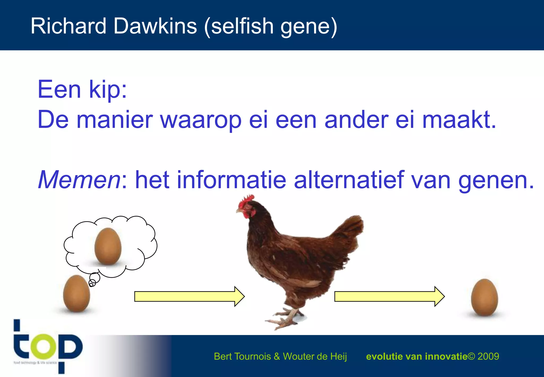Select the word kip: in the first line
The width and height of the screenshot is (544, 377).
pos(108,90)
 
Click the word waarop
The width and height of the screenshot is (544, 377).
pos(201,120)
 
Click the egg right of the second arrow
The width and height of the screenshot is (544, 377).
pos(484,297)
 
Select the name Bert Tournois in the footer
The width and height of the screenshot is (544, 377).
pos(242,356)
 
